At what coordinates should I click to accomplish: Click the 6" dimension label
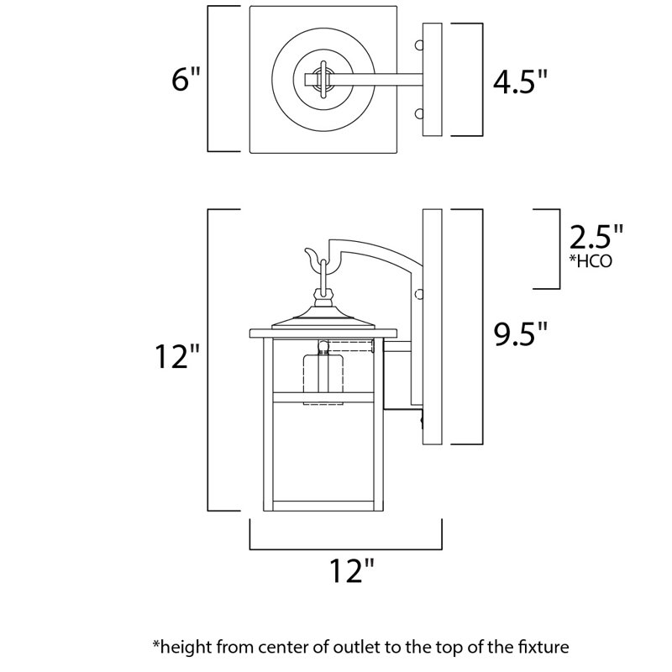[x=186, y=80]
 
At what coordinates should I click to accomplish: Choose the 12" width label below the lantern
[x=346, y=572]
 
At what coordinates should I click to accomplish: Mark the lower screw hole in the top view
[x=417, y=113]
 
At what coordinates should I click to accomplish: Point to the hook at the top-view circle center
[x=321, y=81]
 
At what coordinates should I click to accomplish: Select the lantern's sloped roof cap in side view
[x=323, y=319]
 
